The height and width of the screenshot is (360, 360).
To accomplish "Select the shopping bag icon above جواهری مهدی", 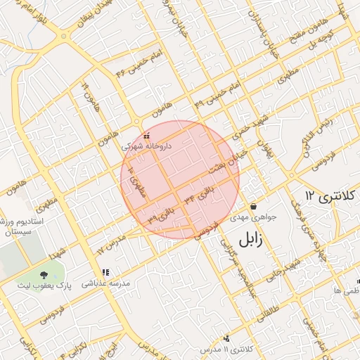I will coord(253,207).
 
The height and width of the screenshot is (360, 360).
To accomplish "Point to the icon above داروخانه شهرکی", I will coord(146,135).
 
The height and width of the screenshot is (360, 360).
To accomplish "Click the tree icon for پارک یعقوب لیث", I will coord(44,275).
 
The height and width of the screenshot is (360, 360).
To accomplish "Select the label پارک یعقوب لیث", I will coord(45,287).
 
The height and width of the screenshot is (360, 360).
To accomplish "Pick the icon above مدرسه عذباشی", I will coord(105,272).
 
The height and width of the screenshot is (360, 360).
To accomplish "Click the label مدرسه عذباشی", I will coord(106,284).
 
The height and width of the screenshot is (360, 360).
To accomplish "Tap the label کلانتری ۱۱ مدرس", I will coord(226,349).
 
